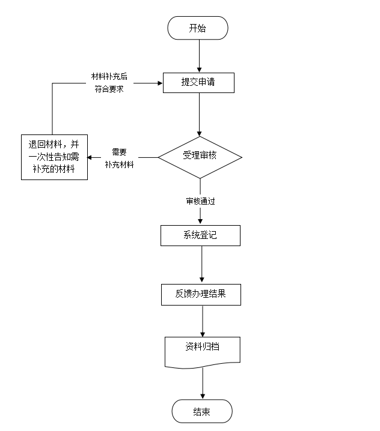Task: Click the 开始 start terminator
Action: click(x=198, y=28)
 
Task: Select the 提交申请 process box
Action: click(x=198, y=83)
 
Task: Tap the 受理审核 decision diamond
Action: click(x=200, y=156)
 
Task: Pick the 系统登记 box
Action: click(x=200, y=235)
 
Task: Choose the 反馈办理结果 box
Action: click(x=201, y=294)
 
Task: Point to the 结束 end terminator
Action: click(x=202, y=412)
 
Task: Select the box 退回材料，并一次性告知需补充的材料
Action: click(x=53, y=157)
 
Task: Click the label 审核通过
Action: click(x=200, y=202)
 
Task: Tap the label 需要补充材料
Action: click(x=119, y=158)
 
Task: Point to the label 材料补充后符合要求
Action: click(x=109, y=83)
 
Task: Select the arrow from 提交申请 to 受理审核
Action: click(x=199, y=114)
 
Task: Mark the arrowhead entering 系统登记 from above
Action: click(x=200, y=222)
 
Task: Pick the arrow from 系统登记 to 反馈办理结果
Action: click(x=201, y=264)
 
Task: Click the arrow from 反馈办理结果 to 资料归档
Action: click(x=202, y=321)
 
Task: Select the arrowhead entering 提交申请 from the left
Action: click(x=160, y=83)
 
